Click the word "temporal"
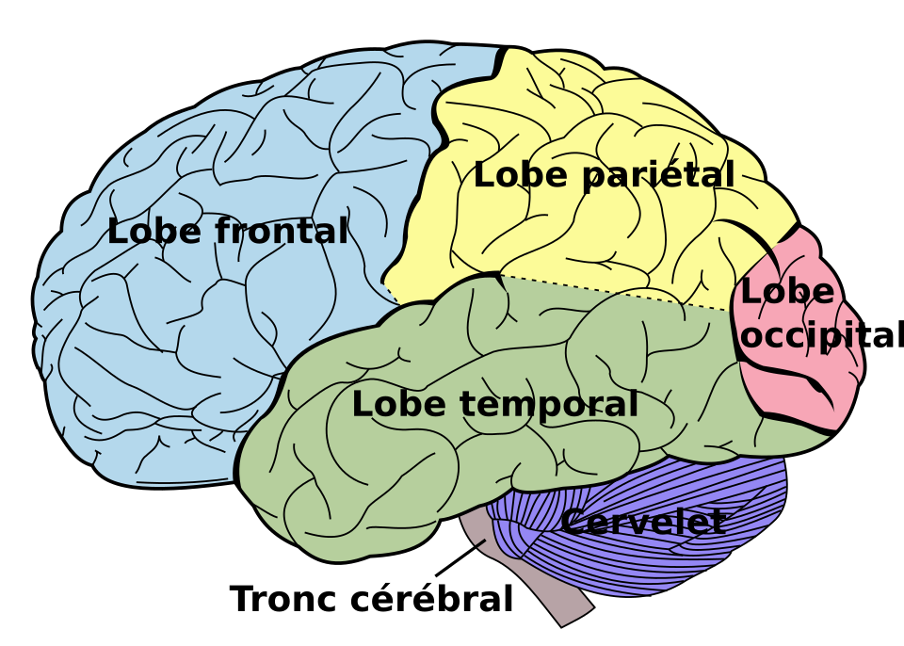548,405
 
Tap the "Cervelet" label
643,523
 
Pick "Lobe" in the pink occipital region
787,292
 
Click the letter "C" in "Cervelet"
572,523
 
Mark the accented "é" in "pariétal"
675,175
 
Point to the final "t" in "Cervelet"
718,523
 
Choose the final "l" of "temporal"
633,404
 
